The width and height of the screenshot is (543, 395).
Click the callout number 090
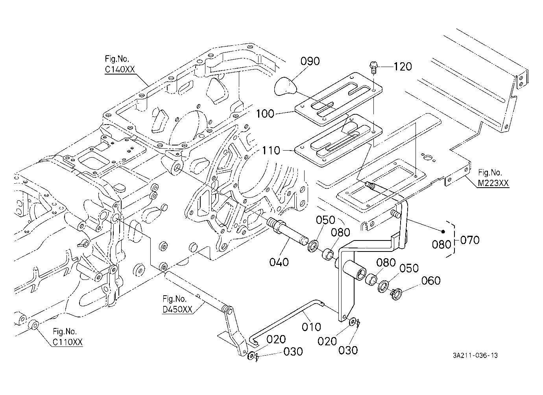[310, 61]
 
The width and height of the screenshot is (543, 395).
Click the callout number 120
[403, 66]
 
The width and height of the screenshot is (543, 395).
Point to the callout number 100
[265, 114]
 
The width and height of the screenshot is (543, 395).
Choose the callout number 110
[271, 151]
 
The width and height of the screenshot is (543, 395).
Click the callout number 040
[279, 262]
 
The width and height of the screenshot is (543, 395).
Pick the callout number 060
[431, 281]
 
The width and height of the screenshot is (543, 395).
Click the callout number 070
[469, 240]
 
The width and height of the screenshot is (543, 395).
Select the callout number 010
[311, 327]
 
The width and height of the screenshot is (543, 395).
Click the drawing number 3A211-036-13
[475, 356]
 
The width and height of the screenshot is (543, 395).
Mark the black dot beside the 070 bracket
[443, 231]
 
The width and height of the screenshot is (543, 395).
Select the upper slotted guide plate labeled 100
[339, 99]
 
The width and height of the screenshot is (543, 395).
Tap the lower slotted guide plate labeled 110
[339, 140]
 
